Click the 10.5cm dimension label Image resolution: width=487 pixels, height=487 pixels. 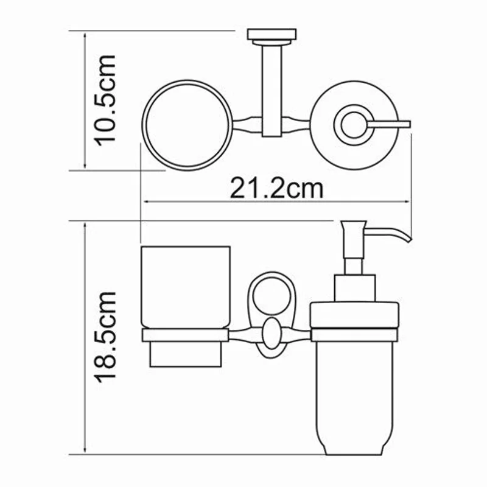(101, 99)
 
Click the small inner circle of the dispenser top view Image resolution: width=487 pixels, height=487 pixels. (352, 125)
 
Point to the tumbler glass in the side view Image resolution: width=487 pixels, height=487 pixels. (185, 286)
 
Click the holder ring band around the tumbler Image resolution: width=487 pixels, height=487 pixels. (185, 335)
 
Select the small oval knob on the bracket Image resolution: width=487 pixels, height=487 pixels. (270, 335)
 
